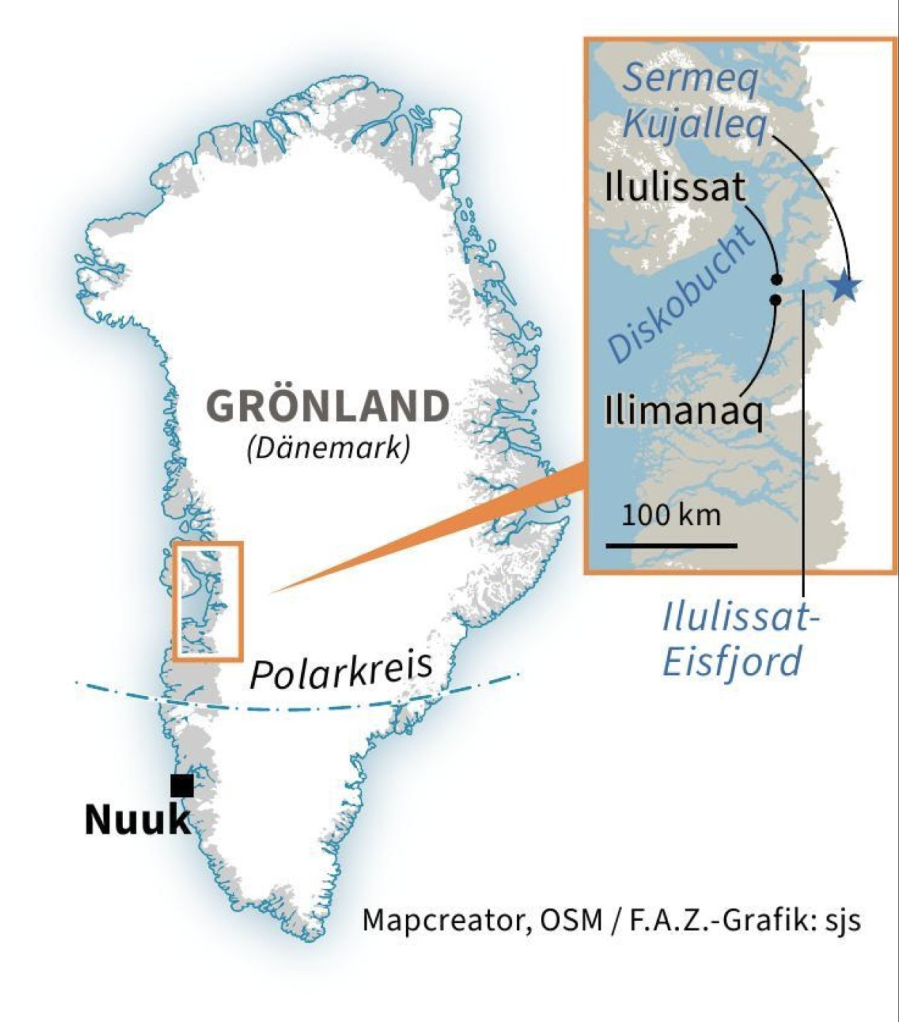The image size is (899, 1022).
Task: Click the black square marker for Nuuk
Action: pyautogui.click(x=182, y=786)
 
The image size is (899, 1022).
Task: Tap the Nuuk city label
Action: pyautogui.click(x=137, y=820)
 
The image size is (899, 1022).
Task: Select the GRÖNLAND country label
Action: pyautogui.click(x=328, y=407)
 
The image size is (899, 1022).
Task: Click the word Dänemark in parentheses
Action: pyautogui.click(x=328, y=448)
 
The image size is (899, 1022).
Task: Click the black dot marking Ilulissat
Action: pyautogui.click(x=777, y=279)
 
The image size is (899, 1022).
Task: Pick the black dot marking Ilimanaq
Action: pyautogui.click(x=775, y=300)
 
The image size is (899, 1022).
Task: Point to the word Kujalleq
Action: pyautogui.click(x=695, y=124)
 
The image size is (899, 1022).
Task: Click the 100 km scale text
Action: pyautogui.click(x=671, y=516)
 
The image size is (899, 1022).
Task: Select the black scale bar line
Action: pyautogui.click(x=671, y=546)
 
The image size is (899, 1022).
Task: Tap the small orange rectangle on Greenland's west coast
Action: pyautogui.click(x=209, y=600)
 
